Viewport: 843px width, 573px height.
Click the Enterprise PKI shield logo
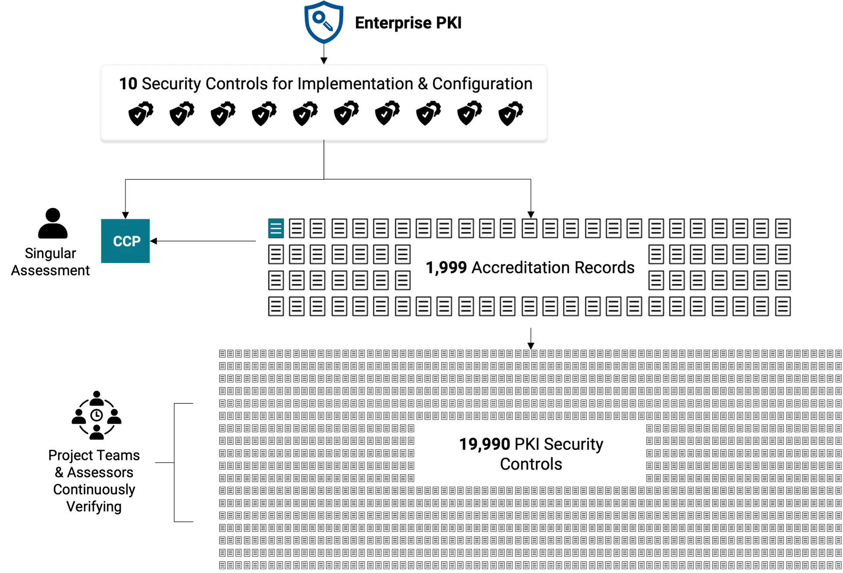[x=324, y=22]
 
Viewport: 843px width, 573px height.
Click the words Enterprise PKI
[x=408, y=23]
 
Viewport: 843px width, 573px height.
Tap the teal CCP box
[x=125, y=241]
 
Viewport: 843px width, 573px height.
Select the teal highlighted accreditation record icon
[x=276, y=228]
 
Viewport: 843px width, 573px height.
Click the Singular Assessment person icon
[x=53, y=223]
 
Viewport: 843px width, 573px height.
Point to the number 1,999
[x=446, y=267]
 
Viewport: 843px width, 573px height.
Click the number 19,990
[x=484, y=444]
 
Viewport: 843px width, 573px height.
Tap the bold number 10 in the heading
[x=128, y=83]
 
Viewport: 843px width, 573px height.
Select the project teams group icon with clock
[x=97, y=415]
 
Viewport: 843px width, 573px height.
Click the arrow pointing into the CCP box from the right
[x=203, y=241]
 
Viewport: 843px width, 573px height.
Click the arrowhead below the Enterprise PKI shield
[x=324, y=61]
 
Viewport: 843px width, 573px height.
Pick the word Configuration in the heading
[x=482, y=83]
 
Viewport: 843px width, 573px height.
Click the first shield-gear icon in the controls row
[x=141, y=113]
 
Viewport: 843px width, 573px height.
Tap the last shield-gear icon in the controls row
[x=511, y=113]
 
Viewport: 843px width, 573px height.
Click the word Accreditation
[x=521, y=267]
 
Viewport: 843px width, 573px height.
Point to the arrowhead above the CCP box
[x=126, y=215]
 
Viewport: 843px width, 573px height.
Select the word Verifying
[x=94, y=507]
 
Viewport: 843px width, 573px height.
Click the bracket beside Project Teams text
[x=174, y=462]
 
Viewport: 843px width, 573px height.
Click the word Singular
[x=50, y=254]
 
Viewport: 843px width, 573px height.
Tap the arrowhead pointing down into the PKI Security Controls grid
[x=531, y=346]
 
